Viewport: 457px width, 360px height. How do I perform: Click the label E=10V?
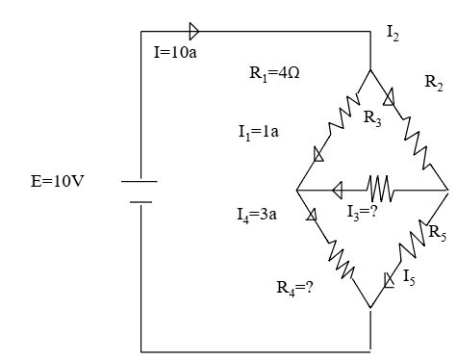click(x=57, y=181)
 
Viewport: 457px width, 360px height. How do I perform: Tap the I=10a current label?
click(x=175, y=52)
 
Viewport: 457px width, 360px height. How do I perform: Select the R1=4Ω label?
click(x=274, y=74)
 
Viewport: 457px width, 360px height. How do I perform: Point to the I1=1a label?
click(x=259, y=132)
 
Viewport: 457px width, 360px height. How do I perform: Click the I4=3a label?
click(x=257, y=215)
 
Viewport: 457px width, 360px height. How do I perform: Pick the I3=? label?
click(x=363, y=213)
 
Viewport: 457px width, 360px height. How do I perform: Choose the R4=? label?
click(x=294, y=288)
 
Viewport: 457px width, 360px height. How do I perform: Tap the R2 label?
click(x=434, y=82)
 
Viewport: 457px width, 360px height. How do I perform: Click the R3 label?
click(x=372, y=118)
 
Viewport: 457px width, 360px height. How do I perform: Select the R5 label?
click(x=438, y=232)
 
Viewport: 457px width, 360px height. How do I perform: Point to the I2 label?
click(x=394, y=33)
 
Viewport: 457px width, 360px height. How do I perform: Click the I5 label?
click(x=409, y=277)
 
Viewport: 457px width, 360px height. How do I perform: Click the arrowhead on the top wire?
click(x=194, y=32)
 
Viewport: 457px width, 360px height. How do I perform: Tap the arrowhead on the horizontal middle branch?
click(x=338, y=191)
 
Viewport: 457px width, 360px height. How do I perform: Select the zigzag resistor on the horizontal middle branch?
click(x=381, y=189)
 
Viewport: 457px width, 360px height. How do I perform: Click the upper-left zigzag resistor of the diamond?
click(x=343, y=114)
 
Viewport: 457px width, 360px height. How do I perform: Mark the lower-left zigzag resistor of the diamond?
click(x=341, y=260)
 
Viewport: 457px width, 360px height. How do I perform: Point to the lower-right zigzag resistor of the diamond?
click(x=413, y=240)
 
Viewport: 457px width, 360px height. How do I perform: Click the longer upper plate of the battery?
click(x=140, y=182)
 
